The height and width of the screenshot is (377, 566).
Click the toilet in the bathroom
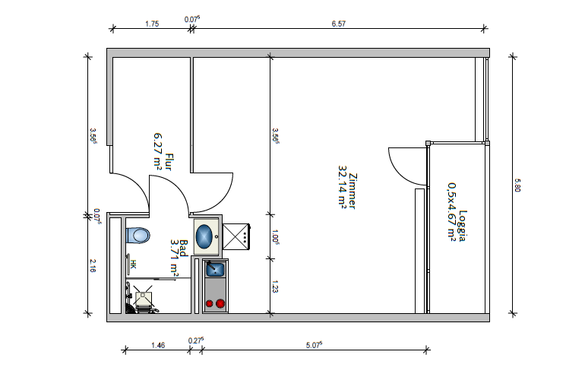(x=138, y=236)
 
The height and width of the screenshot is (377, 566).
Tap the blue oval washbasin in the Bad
(x=204, y=236)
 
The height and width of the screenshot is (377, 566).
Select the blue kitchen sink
(x=215, y=269)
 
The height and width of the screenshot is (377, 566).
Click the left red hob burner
(x=210, y=304)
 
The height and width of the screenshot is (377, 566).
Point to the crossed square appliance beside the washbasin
(x=236, y=236)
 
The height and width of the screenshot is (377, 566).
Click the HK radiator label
(x=133, y=265)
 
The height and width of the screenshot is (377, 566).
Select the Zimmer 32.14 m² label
(x=348, y=187)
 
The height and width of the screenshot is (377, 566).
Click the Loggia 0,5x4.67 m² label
(x=457, y=211)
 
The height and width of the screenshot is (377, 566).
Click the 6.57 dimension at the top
(x=339, y=24)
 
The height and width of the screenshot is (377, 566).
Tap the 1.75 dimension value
(x=152, y=24)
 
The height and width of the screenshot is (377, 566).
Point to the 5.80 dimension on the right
(x=517, y=185)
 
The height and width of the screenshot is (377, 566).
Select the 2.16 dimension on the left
(x=93, y=266)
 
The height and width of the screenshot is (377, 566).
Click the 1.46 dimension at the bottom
(x=158, y=346)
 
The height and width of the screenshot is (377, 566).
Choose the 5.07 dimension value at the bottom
(x=314, y=345)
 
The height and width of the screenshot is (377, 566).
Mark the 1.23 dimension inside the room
(x=275, y=287)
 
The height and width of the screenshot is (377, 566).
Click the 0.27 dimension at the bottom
(x=196, y=341)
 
